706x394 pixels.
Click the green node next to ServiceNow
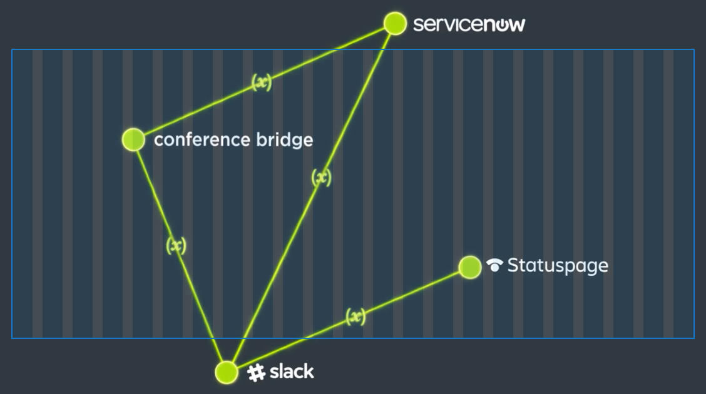(395, 24)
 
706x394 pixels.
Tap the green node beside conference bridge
(133, 139)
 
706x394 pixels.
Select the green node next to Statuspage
(469, 267)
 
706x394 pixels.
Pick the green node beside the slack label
(227, 371)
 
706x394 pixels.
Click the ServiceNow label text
(469, 24)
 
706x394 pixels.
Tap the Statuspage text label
(557, 266)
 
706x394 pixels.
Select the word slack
(292, 372)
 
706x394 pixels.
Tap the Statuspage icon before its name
(494, 266)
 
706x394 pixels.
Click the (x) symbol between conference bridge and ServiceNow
(262, 82)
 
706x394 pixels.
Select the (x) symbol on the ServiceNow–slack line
(321, 178)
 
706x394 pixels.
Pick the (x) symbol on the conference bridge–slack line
(176, 246)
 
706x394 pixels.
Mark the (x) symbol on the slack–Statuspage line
(355, 317)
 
